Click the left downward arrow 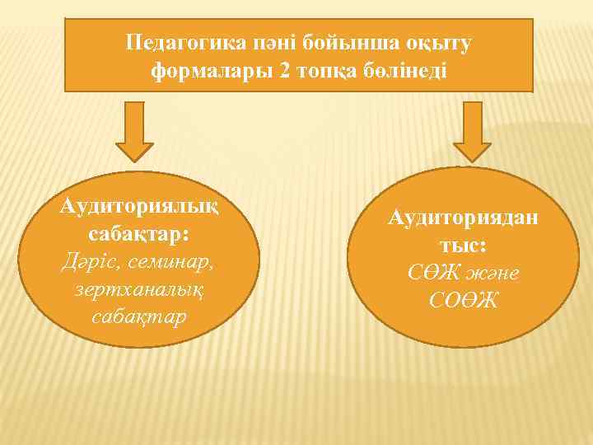[133, 132]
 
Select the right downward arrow [472, 132]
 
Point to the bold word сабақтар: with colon [138, 233]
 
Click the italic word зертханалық [138, 289]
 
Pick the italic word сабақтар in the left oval [138, 316]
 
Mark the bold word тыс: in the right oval [463, 245]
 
